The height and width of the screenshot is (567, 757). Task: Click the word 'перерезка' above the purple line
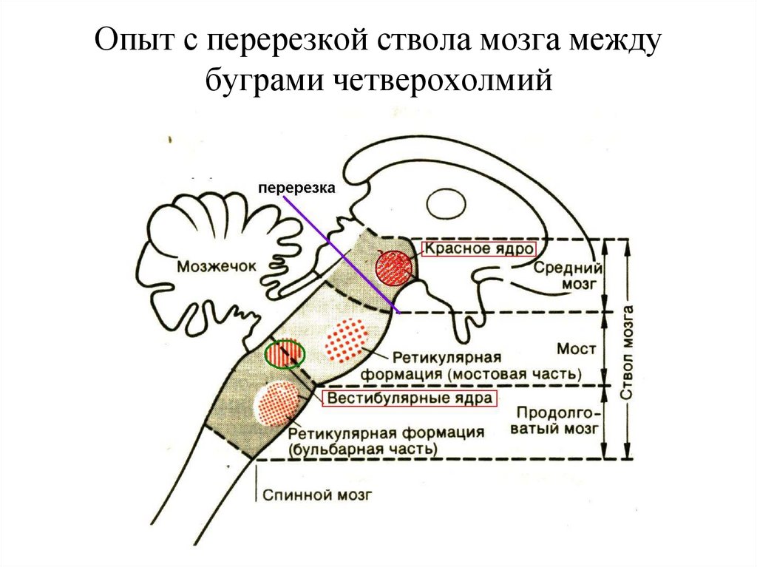[x=296, y=189]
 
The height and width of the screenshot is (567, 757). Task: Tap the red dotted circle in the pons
[x=347, y=340]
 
